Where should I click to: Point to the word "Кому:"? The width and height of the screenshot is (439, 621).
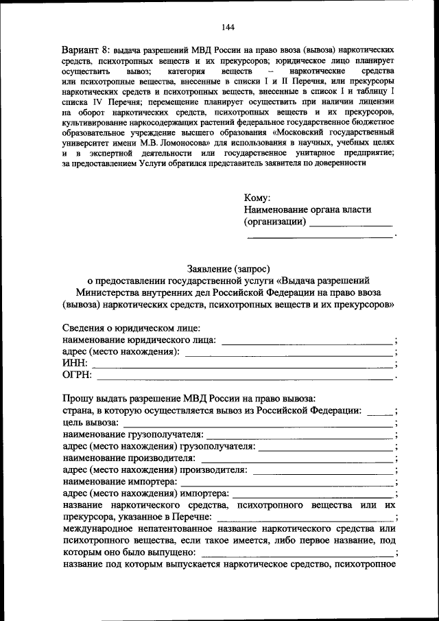click(257, 198)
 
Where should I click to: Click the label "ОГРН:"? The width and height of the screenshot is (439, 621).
click(77, 375)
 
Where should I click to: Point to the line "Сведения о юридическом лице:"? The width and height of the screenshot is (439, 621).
click(131, 327)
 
